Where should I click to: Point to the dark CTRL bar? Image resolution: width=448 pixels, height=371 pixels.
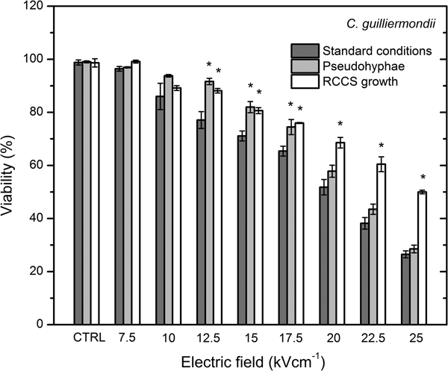click(78, 193)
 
